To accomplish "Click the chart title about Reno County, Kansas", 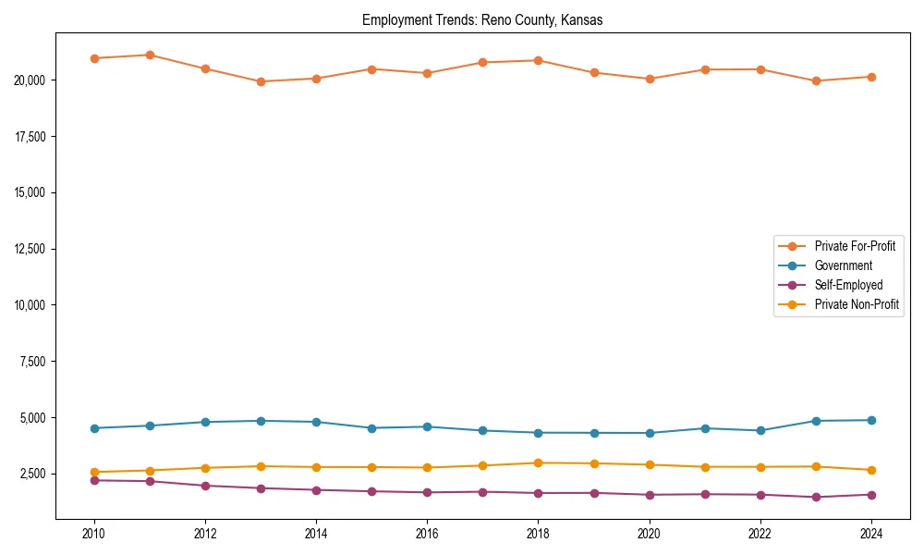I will (x=482, y=19).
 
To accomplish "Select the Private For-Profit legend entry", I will (x=854, y=246).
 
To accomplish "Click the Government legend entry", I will (x=843, y=265).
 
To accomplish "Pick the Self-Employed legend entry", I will (x=848, y=285).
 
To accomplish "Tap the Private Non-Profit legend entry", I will (x=857, y=304).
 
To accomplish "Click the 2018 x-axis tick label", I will (x=538, y=534).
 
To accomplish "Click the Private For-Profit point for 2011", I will (x=150, y=55).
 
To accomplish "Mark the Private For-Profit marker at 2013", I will (x=261, y=81).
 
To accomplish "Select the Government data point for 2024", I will (x=871, y=420).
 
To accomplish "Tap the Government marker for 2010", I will (x=94, y=428).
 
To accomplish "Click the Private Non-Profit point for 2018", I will (x=538, y=462).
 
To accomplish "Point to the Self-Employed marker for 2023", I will (x=816, y=497).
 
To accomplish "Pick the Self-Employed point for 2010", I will (x=94, y=480).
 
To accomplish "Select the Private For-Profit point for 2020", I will (x=650, y=79).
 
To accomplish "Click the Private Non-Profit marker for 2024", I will (x=871, y=470).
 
